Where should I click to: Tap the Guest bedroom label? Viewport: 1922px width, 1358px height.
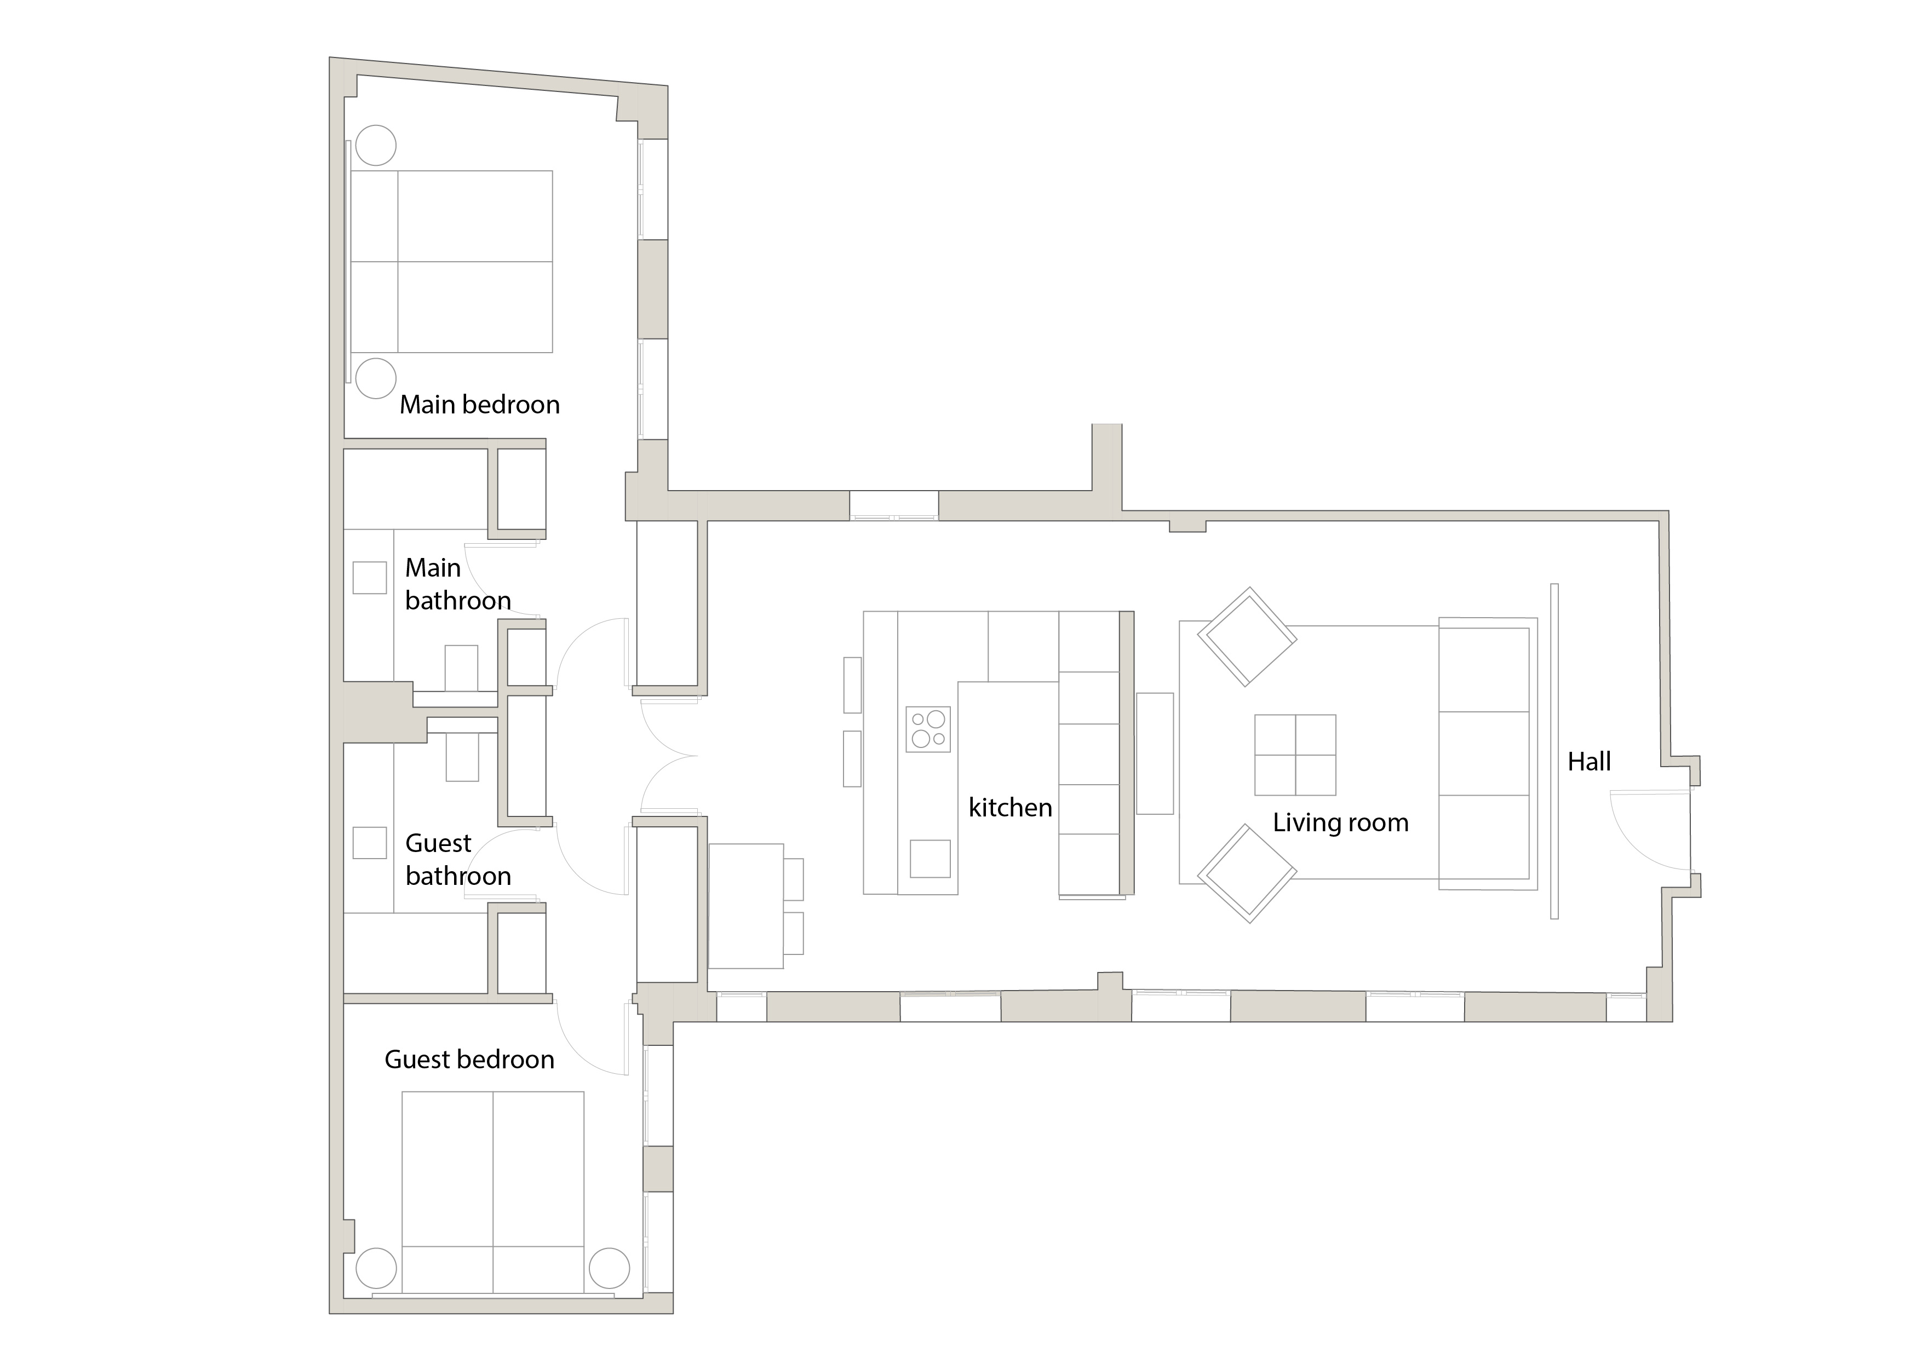(469, 1060)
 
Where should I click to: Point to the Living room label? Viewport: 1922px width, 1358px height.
(1340, 822)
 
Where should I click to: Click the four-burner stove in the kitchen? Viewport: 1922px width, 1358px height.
(927, 729)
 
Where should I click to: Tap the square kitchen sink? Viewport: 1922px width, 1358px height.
(929, 859)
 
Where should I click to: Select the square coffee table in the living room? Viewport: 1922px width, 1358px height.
(1294, 755)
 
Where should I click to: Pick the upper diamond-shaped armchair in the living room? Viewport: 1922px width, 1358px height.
(1247, 637)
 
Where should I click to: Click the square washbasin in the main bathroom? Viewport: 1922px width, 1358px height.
(369, 577)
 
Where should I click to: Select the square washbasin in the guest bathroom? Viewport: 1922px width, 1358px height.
(369, 843)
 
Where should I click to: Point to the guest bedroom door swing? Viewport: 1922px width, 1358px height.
(590, 1040)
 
